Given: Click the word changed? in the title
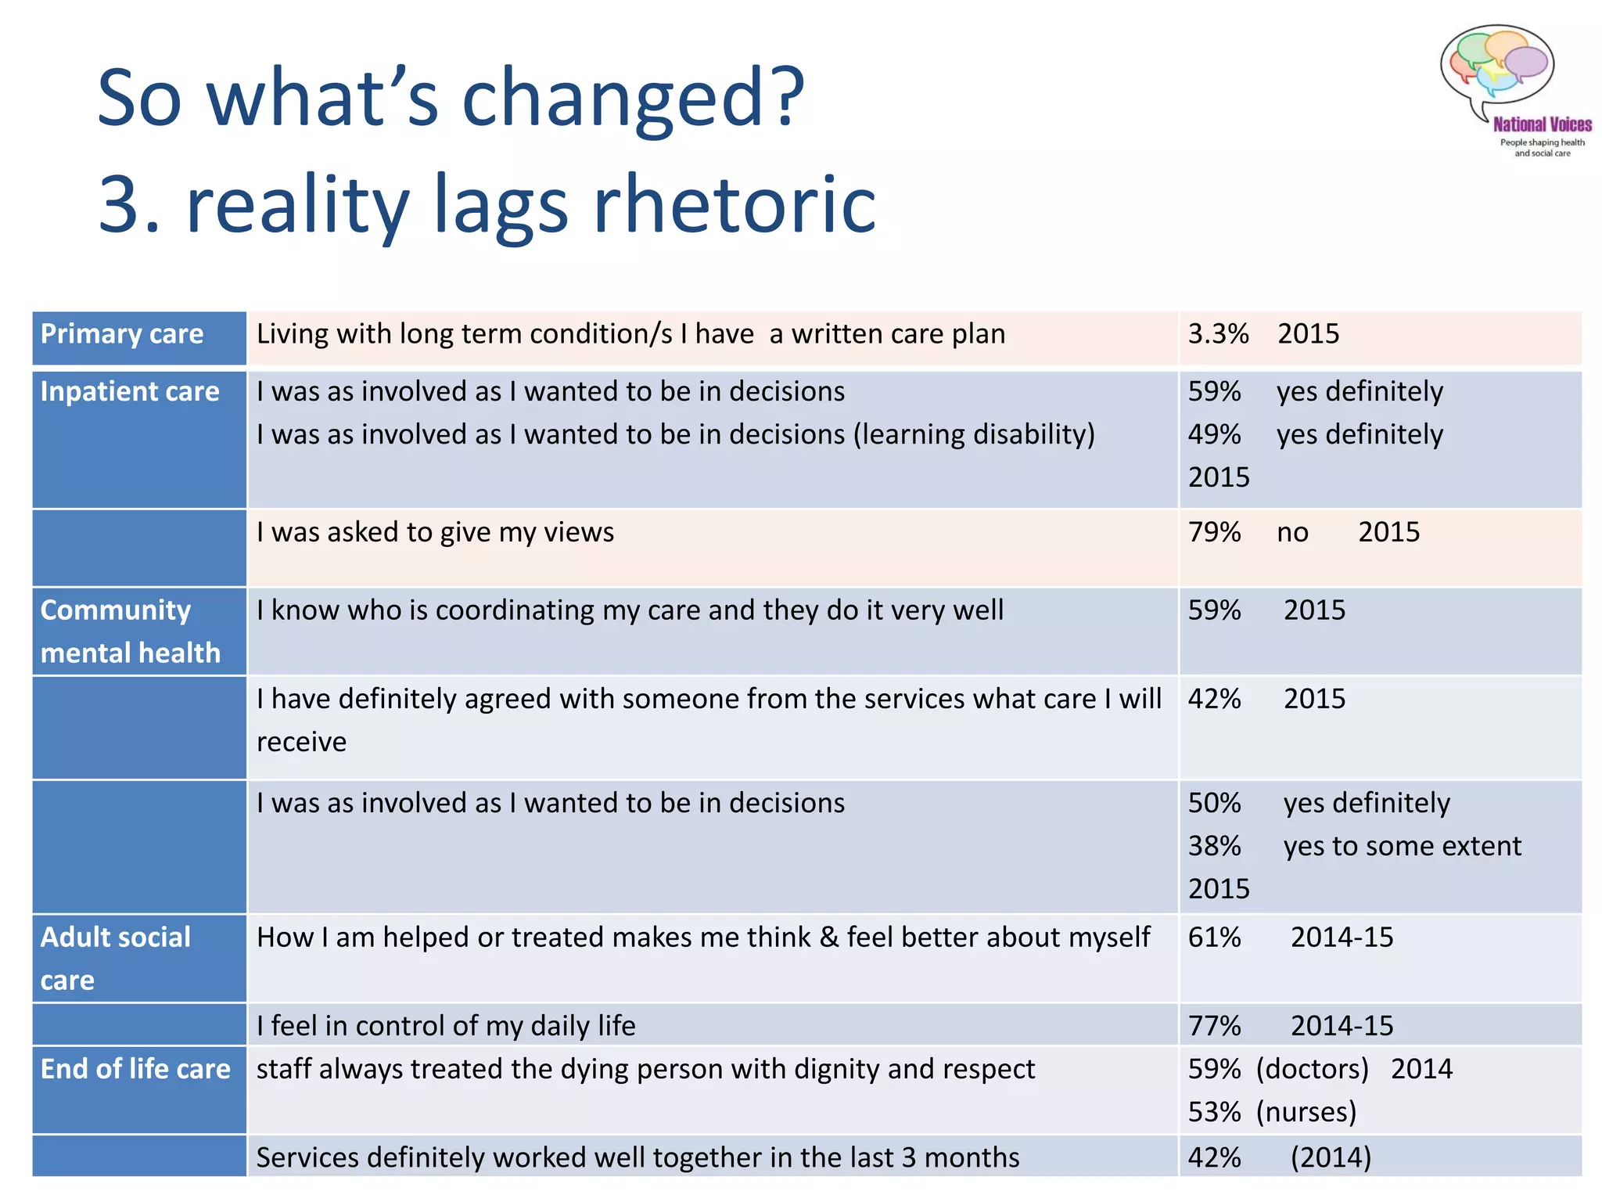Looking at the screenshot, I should [x=633, y=98].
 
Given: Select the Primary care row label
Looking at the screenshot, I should [x=122, y=334].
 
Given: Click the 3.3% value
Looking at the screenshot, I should [x=1218, y=334].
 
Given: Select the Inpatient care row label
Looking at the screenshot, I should [x=130, y=391].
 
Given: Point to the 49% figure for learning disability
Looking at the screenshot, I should [x=1214, y=434].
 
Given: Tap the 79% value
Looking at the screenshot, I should [x=1214, y=532].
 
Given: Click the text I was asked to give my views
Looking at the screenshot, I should [x=435, y=532].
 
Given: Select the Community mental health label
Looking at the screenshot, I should [x=130, y=631].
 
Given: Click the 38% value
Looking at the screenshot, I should [x=1214, y=846].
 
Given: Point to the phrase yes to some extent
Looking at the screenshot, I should [x=1402, y=846].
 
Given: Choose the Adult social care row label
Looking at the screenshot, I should [x=115, y=958].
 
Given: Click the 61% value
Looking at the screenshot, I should [x=1214, y=937].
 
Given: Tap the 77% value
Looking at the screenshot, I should [x=1214, y=1026].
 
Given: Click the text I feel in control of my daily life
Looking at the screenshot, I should [x=446, y=1026].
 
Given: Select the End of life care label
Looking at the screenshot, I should [x=135, y=1069].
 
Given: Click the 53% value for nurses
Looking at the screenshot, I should [x=1214, y=1112].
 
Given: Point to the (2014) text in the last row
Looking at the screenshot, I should [x=1331, y=1157].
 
